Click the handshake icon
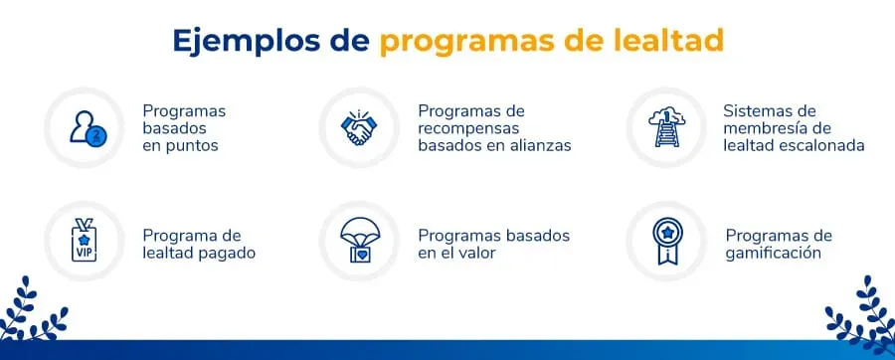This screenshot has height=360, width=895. pos(358,127)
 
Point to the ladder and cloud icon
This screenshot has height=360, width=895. pos(666,127)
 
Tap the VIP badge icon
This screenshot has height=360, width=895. pos(84,241)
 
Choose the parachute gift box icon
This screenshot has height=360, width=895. pos(360,241)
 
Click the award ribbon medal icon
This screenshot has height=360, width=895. pos(666,242)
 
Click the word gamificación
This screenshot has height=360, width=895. pos(773,254)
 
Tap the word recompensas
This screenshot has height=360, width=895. pos(468,128)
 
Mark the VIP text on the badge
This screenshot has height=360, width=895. pos(84,253)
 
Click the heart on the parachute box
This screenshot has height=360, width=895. pos(360,254)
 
